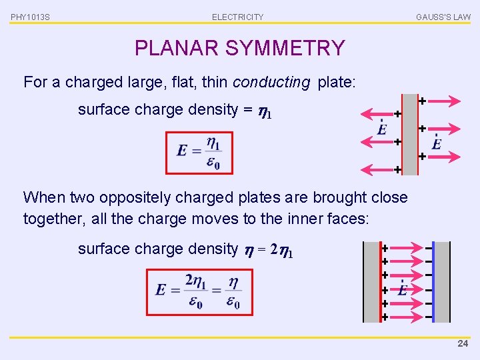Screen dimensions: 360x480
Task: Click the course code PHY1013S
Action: coord(29,17)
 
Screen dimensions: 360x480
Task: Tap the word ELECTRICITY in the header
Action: coord(237,17)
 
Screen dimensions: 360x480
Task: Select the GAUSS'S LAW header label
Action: coord(443,17)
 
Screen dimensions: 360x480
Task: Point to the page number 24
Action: coord(463,344)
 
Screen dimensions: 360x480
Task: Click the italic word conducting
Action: coord(271,83)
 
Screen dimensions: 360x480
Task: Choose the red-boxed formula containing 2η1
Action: coord(198,291)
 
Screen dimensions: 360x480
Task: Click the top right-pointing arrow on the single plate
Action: coord(441,101)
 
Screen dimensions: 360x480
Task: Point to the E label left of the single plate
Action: coord(382,129)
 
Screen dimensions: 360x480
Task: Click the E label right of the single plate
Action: coord(437,143)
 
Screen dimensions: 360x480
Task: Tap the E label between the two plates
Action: coord(403,290)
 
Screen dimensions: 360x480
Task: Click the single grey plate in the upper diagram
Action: coord(410,133)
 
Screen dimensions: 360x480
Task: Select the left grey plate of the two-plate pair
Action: coord(372,281)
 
